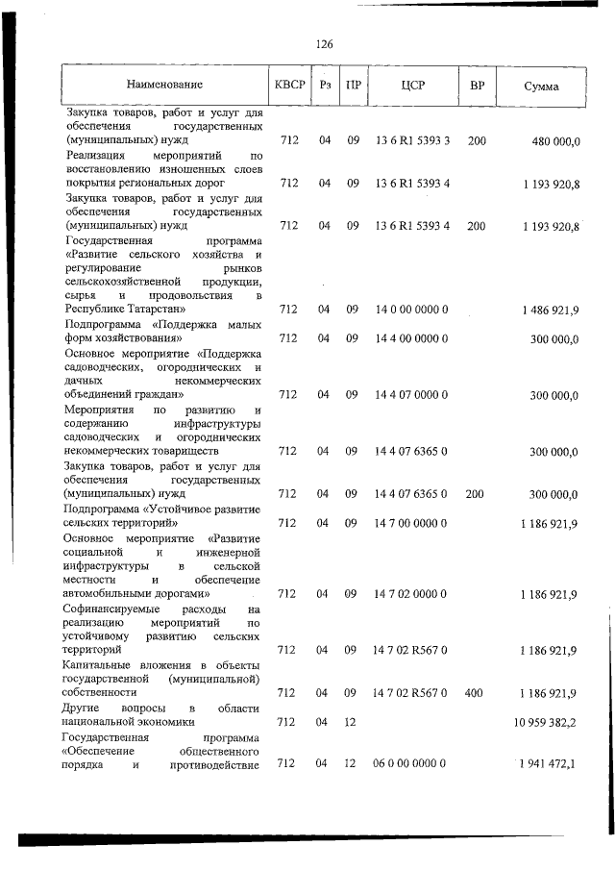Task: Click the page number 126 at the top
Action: pos(323,44)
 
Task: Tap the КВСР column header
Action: pos(289,85)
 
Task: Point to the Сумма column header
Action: pos(541,86)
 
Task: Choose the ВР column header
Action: pos(477,85)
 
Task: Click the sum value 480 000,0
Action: pos(554,140)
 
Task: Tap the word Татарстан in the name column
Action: pos(158,310)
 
